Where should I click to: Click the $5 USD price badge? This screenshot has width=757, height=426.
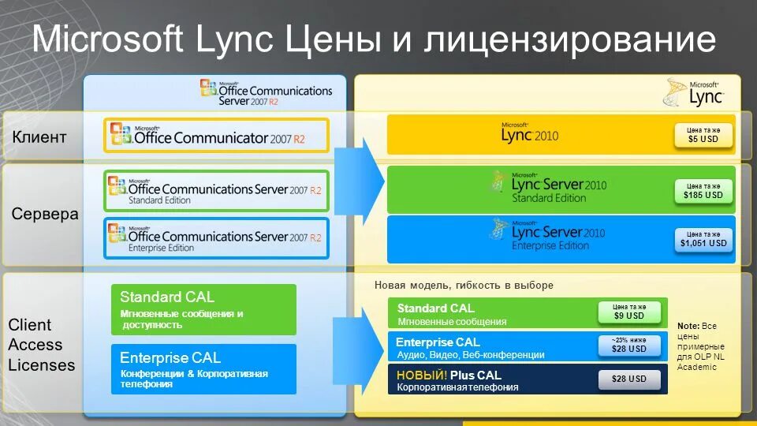click(x=703, y=135)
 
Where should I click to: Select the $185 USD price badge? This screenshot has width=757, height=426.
click(x=703, y=190)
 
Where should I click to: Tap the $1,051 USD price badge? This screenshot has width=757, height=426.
click(x=703, y=239)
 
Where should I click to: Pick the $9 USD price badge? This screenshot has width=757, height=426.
click(x=628, y=312)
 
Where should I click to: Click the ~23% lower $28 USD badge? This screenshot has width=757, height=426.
click(x=628, y=345)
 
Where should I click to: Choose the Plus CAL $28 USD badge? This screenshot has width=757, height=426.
click(x=628, y=379)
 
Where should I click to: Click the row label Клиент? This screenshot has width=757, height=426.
click(x=39, y=137)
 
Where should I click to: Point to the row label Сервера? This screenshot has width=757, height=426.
click(x=45, y=214)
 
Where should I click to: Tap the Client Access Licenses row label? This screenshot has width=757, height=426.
click(x=41, y=345)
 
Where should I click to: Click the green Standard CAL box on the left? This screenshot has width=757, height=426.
click(x=203, y=309)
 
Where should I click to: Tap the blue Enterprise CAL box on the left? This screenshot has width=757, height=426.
click(x=203, y=368)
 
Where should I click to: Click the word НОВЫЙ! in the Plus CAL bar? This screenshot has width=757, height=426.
click(x=421, y=375)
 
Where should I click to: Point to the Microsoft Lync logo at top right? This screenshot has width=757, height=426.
click(x=693, y=92)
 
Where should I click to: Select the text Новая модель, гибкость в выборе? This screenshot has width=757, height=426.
click(x=464, y=285)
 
